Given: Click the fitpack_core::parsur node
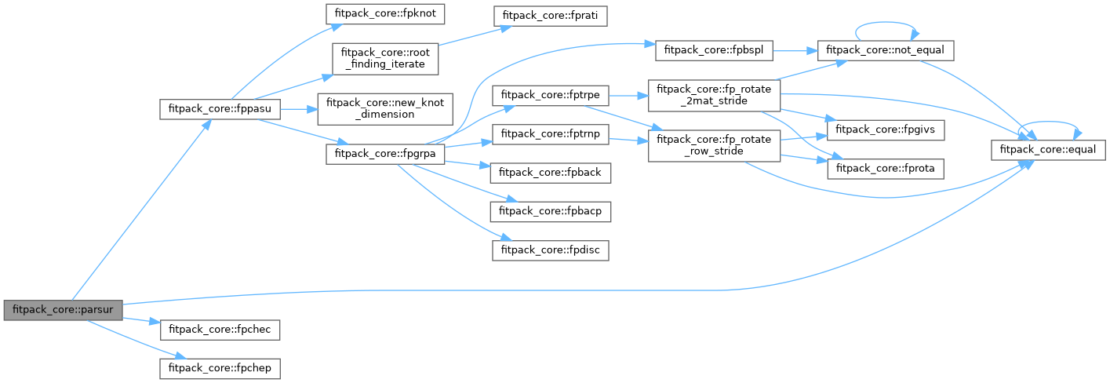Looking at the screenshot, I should point(63,310).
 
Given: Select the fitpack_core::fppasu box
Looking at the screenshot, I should point(220,109).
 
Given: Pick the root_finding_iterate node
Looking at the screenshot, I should point(384,59).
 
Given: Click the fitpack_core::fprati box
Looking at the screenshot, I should point(549,15).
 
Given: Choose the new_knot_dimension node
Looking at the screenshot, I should point(384,109).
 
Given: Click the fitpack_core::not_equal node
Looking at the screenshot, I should point(886,49).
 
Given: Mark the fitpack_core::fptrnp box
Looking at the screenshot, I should point(549,133).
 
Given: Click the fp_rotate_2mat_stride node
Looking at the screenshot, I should point(714,95).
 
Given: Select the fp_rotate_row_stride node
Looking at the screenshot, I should point(714,145).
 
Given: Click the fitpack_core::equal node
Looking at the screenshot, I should point(1049,148).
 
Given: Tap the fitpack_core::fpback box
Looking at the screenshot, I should point(549,170).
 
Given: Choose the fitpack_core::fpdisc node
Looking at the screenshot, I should point(549,250).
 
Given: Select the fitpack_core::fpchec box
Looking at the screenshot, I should point(220,329).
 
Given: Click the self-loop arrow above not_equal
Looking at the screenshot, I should point(886,24).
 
